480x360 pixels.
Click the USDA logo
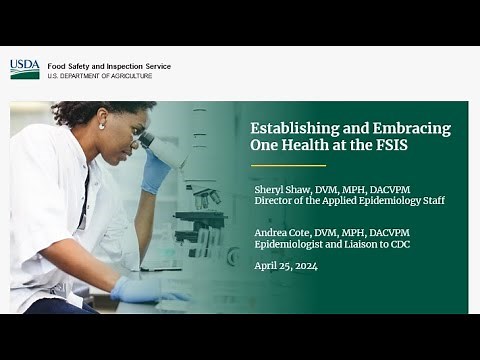[24, 69]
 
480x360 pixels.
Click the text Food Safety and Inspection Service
[109, 66]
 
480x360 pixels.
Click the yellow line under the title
[288, 165]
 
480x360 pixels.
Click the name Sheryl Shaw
[280, 188]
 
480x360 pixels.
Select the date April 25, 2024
[286, 265]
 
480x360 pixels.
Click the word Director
[275, 201]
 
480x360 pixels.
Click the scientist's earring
[102, 127]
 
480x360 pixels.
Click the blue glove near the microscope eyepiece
[156, 170]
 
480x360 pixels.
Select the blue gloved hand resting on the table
[140, 290]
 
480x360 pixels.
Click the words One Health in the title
[286, 146]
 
